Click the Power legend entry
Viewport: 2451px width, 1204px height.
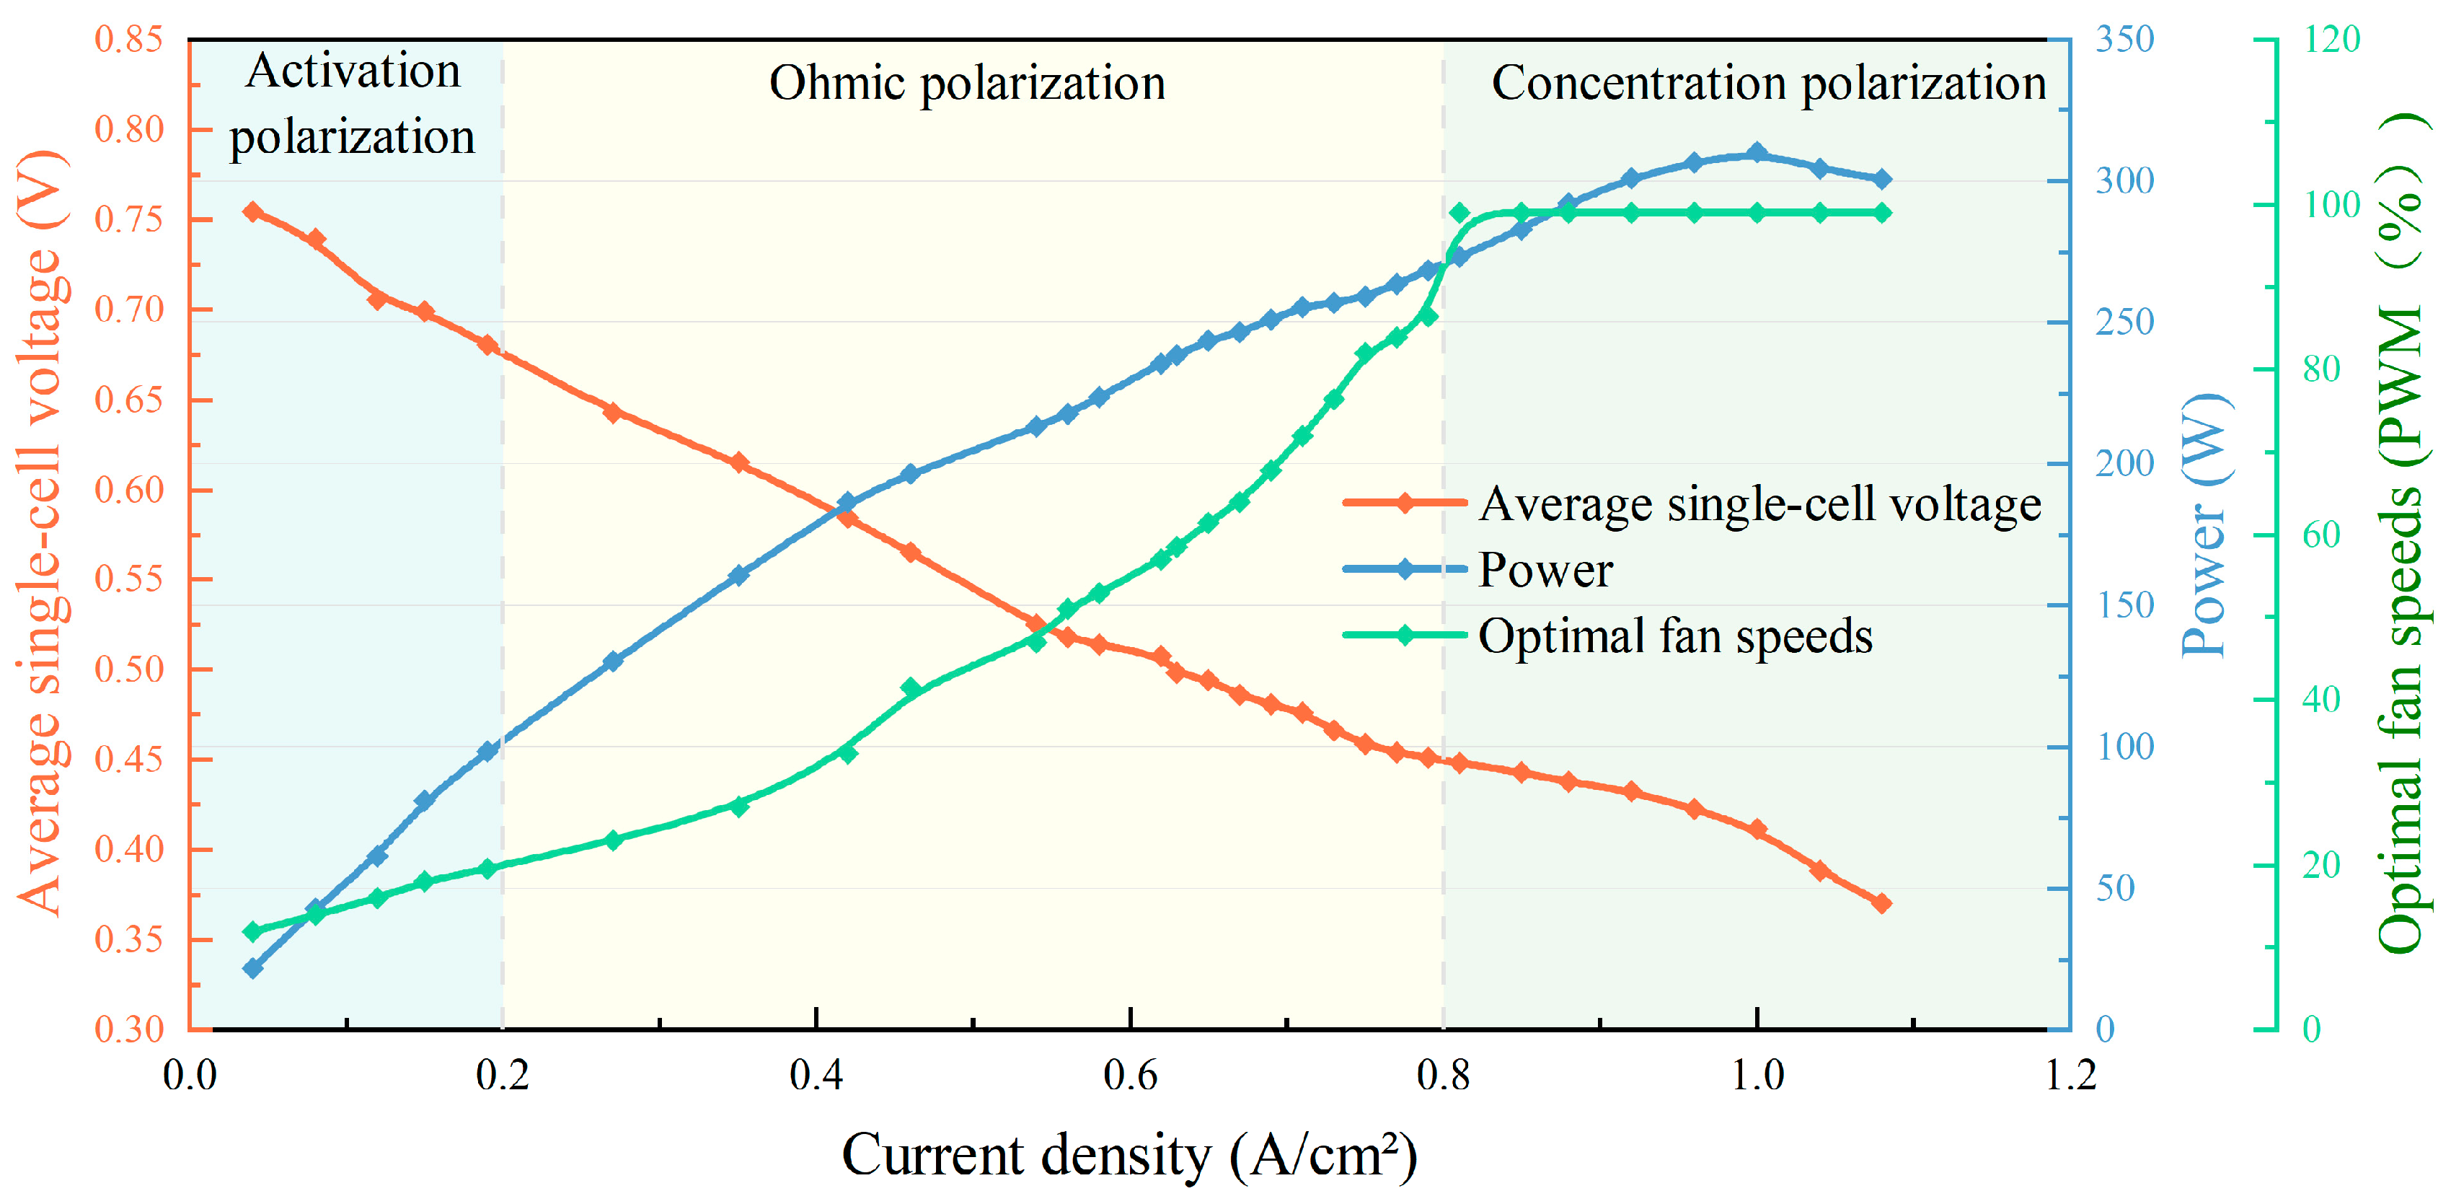point(1545,570)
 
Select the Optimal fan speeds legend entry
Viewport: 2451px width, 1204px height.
point(1674,636)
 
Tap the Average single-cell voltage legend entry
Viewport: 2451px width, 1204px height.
point(1759,504)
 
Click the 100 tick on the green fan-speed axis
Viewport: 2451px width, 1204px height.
point(2331,203)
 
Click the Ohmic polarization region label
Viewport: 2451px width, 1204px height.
point(967,83)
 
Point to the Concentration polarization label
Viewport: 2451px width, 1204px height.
point(1768,83)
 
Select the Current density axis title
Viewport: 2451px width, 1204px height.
point(1129,1156)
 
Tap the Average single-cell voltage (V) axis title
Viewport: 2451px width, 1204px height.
point(43,533)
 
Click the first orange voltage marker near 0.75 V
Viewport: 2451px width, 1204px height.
point(252,211)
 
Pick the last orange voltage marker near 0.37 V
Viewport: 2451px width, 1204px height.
point(1881,902)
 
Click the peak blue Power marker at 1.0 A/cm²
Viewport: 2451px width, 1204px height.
point(1757,153)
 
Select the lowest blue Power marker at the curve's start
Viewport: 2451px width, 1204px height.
point(252,968)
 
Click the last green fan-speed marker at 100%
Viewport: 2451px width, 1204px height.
point(1881,212)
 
